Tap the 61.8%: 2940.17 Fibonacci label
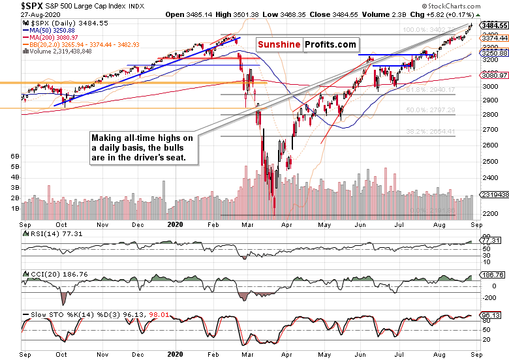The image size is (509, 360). coord(429,91)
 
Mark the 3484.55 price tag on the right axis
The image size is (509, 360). coord(494,25)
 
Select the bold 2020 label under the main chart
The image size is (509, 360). coord(174,223)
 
